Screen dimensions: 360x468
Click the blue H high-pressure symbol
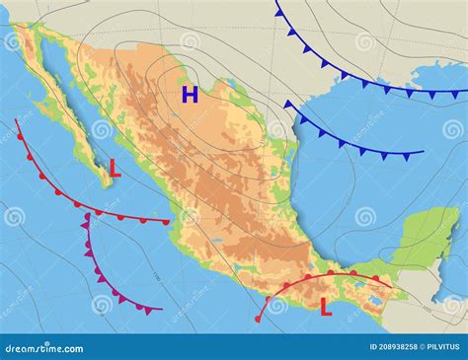pyautogui.click(x=190, y=95)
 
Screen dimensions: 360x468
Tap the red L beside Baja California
pyautogui.click(x=115, y=169)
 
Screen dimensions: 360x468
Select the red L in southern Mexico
pyautogui.click(x=325, y=308)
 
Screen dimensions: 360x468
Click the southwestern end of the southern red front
pyautogui.click(x=258, y=320)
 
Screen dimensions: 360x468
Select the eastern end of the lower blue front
pyautogui.click(x=423, y=153)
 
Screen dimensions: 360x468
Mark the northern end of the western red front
pyautogui.click(x=16, y=120)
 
